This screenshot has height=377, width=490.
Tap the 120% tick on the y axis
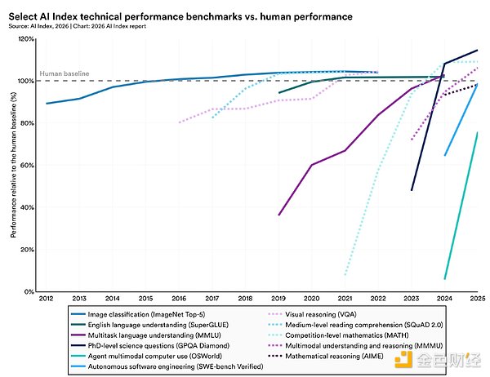[27, 39]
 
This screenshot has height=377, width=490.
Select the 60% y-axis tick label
[29, 166]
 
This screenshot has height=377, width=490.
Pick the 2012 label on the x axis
[47, 300]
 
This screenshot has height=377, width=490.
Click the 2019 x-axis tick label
[279, 300]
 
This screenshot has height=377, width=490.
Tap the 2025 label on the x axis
[478, 300]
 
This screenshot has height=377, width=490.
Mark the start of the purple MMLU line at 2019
[279, 215]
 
